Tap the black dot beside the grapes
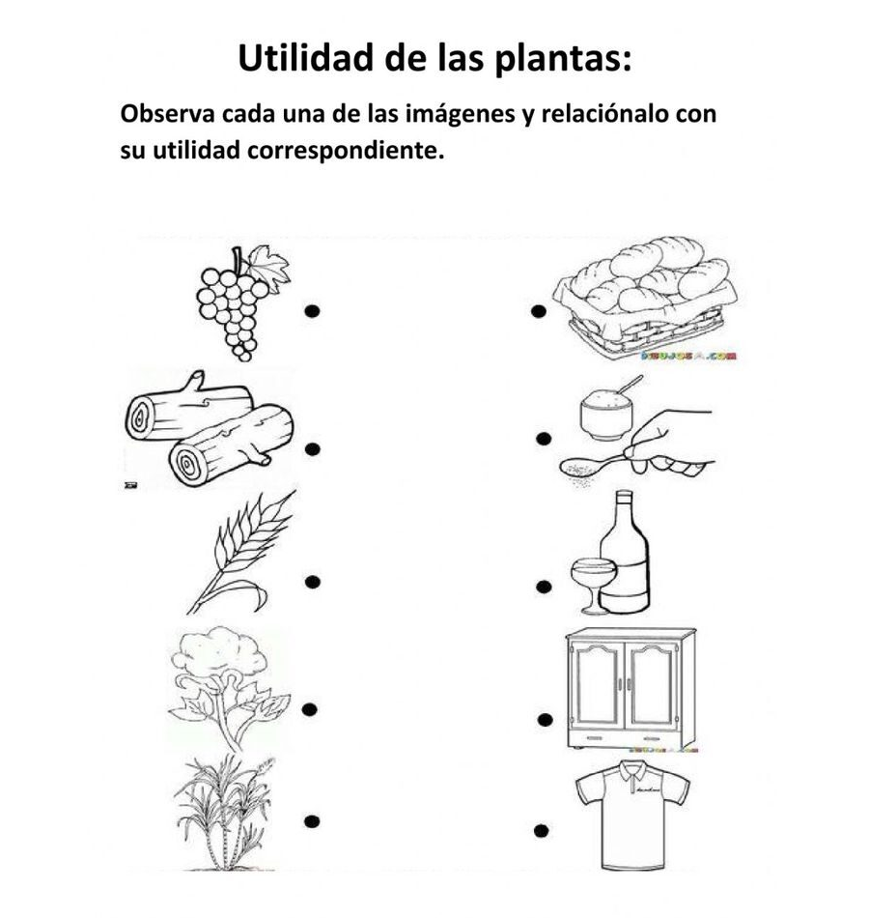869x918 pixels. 312,310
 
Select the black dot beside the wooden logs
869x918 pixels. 312,448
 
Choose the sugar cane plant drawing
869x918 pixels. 224,812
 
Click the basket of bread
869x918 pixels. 644,295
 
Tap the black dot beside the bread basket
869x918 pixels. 538,311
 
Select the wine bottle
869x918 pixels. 624,556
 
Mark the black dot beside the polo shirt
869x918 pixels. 540,830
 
